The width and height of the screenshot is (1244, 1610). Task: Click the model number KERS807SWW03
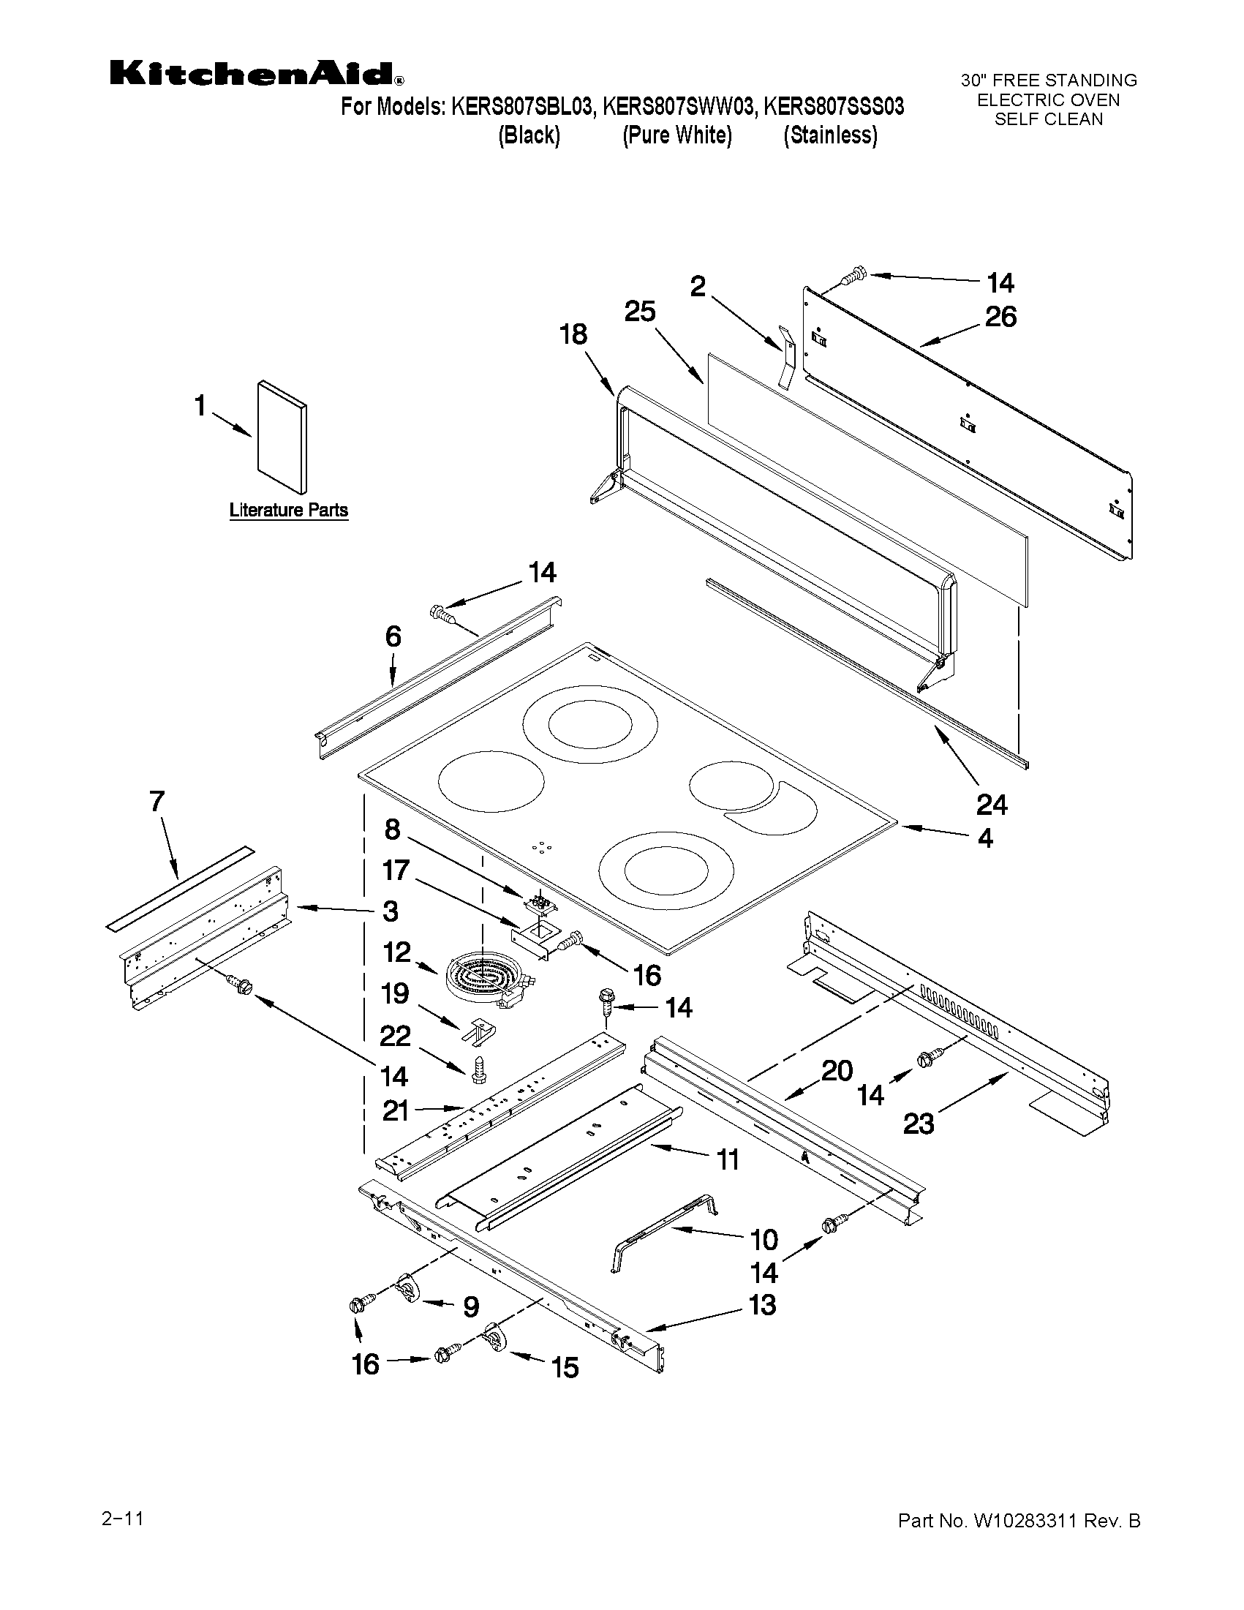point(678,108)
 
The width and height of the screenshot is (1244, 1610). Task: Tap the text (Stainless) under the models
point(831,135)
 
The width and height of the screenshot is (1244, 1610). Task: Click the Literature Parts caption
point(288,510)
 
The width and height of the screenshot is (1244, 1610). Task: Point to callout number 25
point(639,312)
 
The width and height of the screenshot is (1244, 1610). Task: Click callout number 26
point(1000,317)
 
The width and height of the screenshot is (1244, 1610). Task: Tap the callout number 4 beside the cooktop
point(984,838)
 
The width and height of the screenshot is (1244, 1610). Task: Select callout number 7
point(157,801)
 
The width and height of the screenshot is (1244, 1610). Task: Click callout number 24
point(991,805)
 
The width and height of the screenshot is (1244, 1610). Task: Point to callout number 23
point(919,1124)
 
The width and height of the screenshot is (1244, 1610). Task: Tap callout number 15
point(565,1369)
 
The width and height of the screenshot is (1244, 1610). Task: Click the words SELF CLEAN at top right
point(1048,119)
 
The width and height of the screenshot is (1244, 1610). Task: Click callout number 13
point(762,1305)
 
